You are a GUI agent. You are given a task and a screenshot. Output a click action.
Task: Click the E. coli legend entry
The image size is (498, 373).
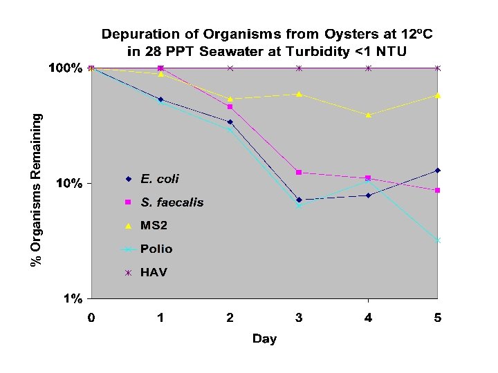tap(159, 179)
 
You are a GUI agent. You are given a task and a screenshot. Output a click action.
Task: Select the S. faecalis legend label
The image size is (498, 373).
tap(172, 202)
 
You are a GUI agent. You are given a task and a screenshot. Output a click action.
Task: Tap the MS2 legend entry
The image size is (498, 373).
tap(154, 226)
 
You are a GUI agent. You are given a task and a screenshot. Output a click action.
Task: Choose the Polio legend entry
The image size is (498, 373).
tap(156, 249)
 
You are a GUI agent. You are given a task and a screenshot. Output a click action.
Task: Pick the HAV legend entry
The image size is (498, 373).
tap(154, 272)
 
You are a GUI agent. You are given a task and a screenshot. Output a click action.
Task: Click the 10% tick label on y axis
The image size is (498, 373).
tap(69, 184)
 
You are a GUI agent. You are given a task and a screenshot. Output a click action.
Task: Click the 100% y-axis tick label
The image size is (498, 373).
tap(65, 68)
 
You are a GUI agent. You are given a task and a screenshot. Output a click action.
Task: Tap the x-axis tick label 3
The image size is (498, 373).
tap(299, 318)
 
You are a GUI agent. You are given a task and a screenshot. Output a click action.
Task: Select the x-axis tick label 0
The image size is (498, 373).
tap(91, 318)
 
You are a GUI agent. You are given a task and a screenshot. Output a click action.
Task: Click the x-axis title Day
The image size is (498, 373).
tap(264, 338)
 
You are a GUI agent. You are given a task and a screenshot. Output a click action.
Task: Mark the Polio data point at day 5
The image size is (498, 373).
tap(437, 240)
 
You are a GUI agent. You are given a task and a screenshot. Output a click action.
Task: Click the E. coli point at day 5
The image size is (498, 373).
tap(437, 170)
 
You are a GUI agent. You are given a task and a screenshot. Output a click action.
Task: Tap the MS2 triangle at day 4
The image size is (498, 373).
tap(368, 115)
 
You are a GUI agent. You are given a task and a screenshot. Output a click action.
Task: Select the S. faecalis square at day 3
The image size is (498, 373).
tap(299, 172)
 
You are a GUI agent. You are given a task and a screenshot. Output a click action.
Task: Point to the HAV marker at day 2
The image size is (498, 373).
tap(230, 68)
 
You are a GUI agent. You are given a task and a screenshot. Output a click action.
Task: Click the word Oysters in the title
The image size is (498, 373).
tap(313, 34)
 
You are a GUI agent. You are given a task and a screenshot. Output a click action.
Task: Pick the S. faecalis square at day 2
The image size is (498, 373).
tap(230, 107)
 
